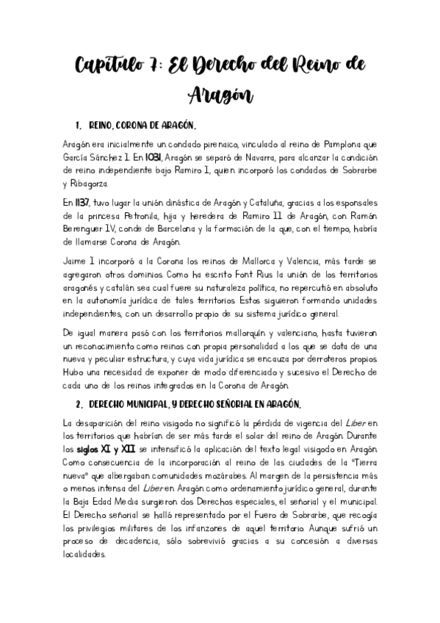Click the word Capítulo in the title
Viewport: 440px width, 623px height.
click(x=110, y=67)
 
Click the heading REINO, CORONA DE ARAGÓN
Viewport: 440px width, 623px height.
click(x=141, y=124)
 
